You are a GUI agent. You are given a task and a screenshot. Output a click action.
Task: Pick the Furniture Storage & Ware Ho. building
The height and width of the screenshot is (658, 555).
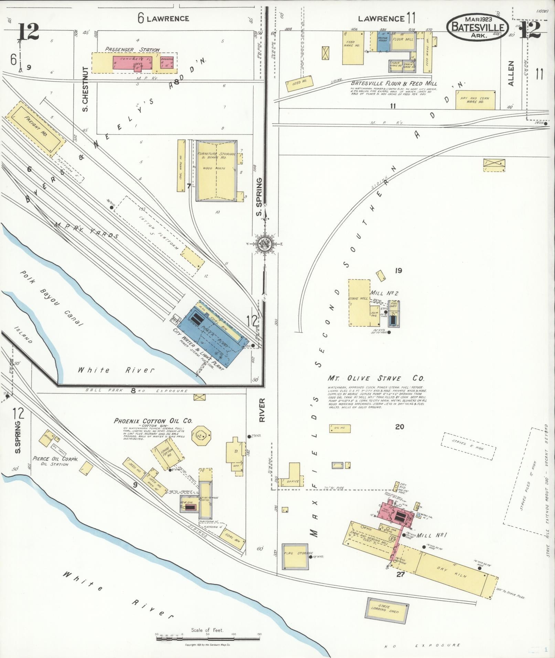point(216,171)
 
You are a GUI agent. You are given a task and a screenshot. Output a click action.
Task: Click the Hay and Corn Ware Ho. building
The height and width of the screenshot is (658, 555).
point(475,100)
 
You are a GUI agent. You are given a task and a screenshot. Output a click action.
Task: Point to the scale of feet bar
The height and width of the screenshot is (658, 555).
point(208,638)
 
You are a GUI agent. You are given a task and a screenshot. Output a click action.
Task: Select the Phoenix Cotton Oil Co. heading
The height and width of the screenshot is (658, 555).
point(153,421)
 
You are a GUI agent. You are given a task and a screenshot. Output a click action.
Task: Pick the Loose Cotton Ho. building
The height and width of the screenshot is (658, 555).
point(167,454)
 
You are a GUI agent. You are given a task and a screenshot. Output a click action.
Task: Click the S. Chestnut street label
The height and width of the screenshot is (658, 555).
point(85,89)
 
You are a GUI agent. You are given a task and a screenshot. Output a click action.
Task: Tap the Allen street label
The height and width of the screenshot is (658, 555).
point(511,73)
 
